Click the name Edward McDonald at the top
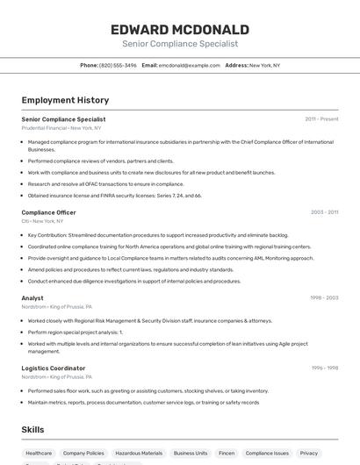pyautogui.click(x=179, y=29)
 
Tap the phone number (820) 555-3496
pyautogui.click(x=118, y=65)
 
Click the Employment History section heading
pyautogui.click(x=65, y=100)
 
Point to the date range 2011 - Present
pyautogui.click(x=321, y=118)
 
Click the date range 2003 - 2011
pyautogui.click(x=323, y=212)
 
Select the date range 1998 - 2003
pyautogui.click(x=323, y=297)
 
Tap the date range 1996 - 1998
pyautogui.click(x=323, y=368)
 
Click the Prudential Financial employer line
pyautogui.click(x=61, y=128)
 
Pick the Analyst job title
pyautogui.click(x=32, y=297)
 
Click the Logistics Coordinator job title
pyautogui.click(x=54, y=368)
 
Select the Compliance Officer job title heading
pyautogui.click(x=48, y=212)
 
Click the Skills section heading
pyautogui.click(x=33, y=429)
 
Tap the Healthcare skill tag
pyautogui.click(x=39, y=453)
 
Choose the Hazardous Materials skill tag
pyautogui.click(x=139, y=453)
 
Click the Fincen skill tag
pyautogui.click(x=227, y=453)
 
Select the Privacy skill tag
pyautogui.click(x=308, y=453)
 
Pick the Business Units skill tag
pyautogui.click(x=191, y=453)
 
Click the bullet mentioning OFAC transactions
pyautogui.click(x=105, y=184)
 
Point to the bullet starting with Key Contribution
pyautogui.click(x=158, y=235)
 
